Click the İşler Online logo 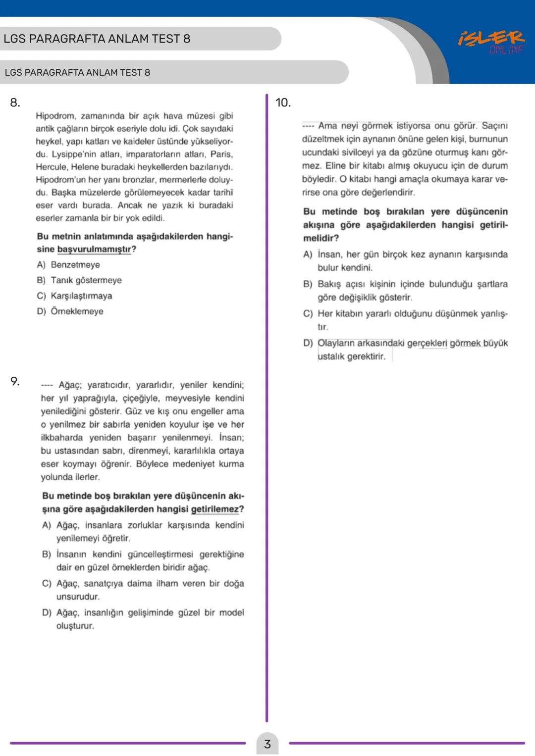tap(490, 42)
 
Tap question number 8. tap(15, 103)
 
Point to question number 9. tap(15, 381)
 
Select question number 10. tap(283, 103)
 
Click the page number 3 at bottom tap(267, 744)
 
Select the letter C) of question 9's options tap(47, 584)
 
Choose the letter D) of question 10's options tap(308, 343)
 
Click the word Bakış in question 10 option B tap(329, 284)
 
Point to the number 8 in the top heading tap(186, 39)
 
